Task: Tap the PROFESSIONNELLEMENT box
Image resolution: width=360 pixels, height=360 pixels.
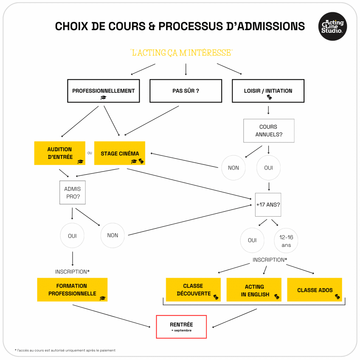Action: click(103, 91)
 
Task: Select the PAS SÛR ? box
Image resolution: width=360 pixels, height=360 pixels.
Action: click(186, 91)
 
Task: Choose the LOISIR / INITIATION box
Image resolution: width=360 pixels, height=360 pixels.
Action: click(268, 91)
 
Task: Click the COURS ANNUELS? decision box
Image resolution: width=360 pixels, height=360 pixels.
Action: click(269, 131)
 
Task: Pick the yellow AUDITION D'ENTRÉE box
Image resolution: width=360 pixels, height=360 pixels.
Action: click(60, 153)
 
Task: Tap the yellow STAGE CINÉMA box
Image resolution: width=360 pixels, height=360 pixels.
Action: click(120, 153)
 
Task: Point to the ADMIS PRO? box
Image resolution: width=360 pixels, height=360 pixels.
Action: click(72, 193)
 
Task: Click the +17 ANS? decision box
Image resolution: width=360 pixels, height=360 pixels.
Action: click(268, 205)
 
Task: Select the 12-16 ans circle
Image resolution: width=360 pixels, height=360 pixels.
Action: click(286, 241)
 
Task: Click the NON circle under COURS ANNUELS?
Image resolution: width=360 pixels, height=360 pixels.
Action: click(233, 168)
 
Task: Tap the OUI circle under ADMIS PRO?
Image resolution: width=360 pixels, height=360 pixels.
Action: click(72, 236)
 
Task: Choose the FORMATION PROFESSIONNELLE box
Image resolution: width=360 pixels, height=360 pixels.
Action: click(72, 290)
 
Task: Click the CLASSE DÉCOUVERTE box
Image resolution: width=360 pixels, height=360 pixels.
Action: click(193, 290)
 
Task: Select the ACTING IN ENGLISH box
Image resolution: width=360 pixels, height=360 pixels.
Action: click(254, 290)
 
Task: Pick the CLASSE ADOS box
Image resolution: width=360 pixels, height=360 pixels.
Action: click(315, 290)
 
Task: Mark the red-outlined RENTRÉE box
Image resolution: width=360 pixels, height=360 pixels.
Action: click(181, 327)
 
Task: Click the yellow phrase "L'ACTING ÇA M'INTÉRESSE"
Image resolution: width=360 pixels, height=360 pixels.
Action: click(181, 53)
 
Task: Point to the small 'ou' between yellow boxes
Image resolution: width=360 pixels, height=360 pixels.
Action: click(90, 153)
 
